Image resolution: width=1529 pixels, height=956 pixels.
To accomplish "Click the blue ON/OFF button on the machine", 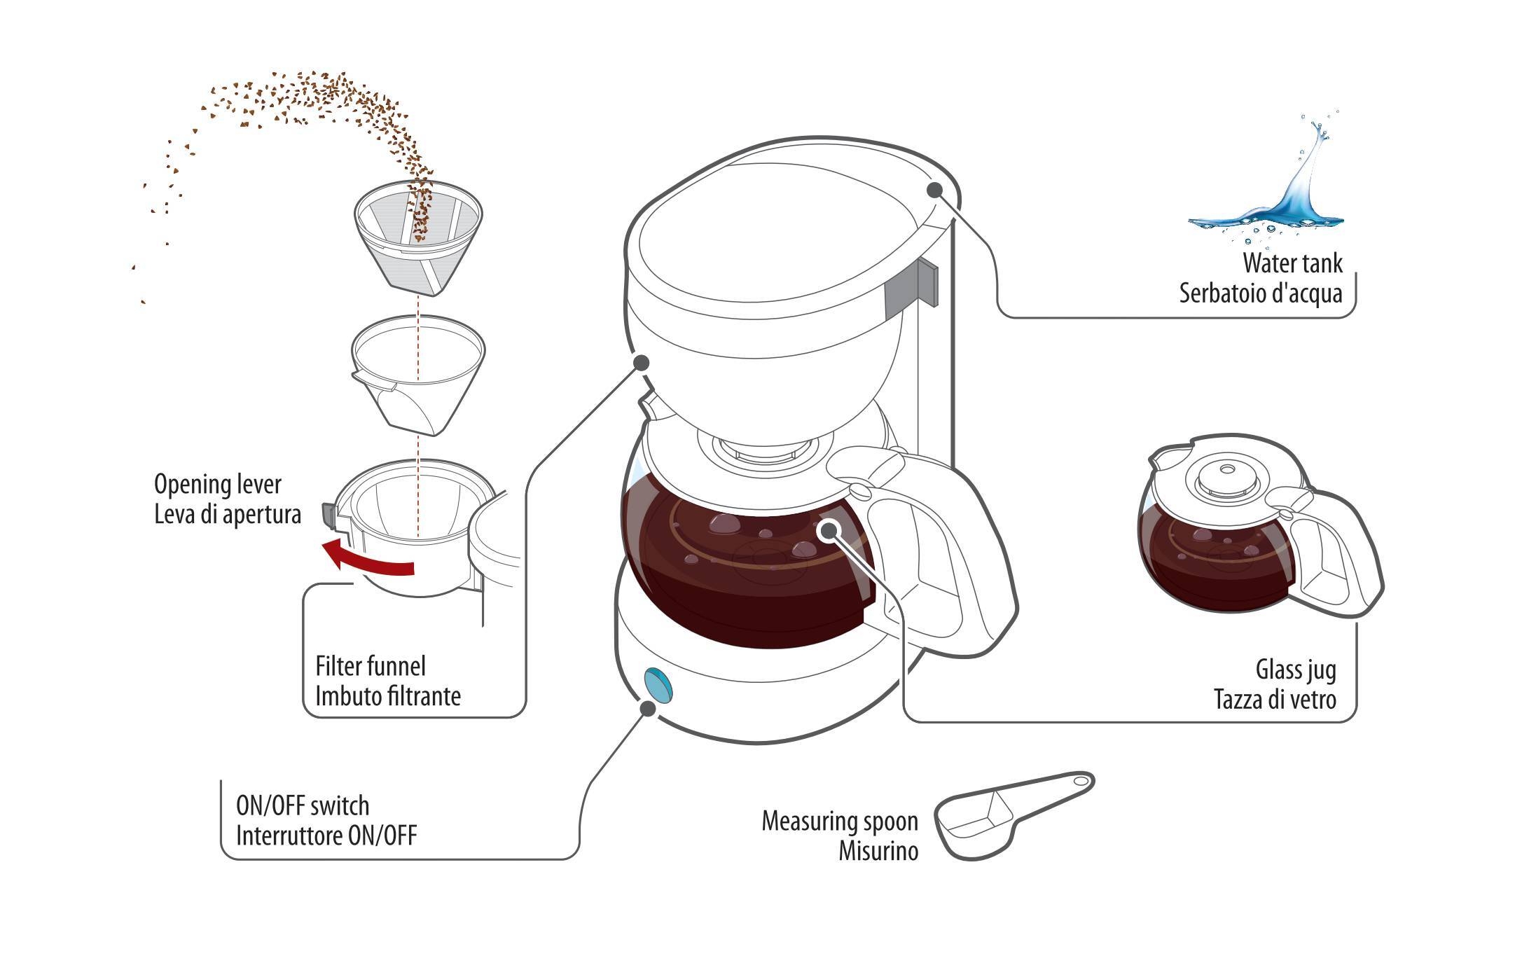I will coord(659,684).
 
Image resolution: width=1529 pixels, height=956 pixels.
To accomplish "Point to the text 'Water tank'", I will coord(1292,263).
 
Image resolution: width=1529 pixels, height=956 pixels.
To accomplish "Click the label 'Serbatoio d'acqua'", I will coord(1260,293).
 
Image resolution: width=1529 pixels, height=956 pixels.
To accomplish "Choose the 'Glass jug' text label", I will coord(1296,670).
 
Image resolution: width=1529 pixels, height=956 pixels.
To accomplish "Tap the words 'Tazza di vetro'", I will coord(1275,699).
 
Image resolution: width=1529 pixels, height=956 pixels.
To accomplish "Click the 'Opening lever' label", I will coord(217,484).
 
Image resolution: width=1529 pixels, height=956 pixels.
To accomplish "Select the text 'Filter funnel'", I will coord(370,665).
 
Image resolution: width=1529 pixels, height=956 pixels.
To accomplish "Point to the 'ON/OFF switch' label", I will coord(302,805).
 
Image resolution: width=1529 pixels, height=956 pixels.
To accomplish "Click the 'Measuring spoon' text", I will coord(839,821).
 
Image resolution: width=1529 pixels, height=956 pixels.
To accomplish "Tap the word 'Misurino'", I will coord(878,851).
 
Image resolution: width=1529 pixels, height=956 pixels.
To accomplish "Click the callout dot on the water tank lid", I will coord(934,189).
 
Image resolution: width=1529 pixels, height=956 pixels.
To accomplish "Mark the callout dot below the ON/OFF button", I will coord(648,708).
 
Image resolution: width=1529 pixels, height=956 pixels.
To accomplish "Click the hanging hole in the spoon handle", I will coord(1080,780).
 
